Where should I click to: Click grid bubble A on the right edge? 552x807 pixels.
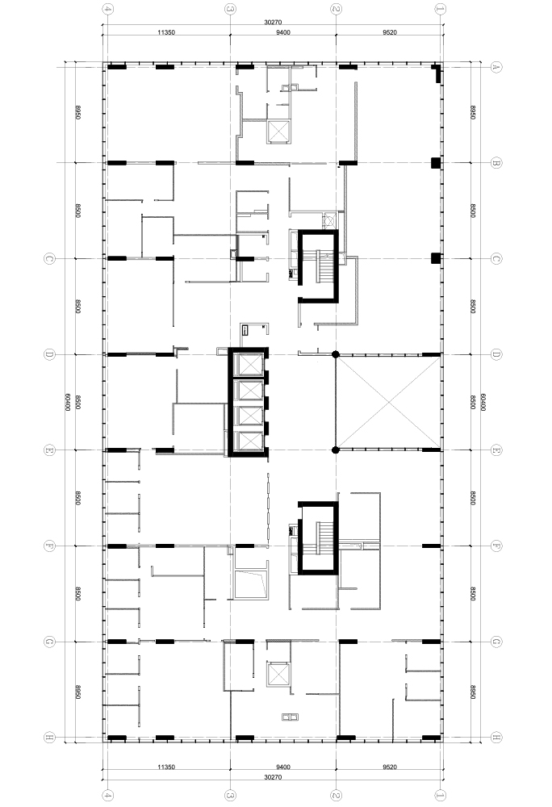click(x=496, y=66)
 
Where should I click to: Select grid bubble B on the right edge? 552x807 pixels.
click(x=496, y=163)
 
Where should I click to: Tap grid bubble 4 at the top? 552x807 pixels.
click(x=107, y=9)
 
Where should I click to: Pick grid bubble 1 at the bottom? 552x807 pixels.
click(x=441, y=795)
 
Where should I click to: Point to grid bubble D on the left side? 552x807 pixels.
click(x=49, y=354)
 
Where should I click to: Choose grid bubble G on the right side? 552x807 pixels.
click(x=496, y=642)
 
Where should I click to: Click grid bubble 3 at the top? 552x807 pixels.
click(x=230, y=9)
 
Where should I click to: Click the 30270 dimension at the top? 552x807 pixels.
click(x=273, y=22)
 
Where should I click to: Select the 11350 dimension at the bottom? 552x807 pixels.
click(x=166, y=767)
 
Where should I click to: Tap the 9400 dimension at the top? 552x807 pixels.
click(x=283, y=32)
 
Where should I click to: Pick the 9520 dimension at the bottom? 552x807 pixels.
click(x=390, y=767)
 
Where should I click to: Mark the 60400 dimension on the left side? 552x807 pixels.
click(x=68, y=402)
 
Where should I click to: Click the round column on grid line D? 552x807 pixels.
click(x=336, y=354)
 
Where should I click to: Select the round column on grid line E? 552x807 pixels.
click(x=336, y=450)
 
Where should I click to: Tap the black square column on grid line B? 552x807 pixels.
click(x=437, y=163)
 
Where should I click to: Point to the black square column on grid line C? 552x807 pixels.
click(x=437, y=258)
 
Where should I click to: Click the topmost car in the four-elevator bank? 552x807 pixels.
click(x=248, y=365)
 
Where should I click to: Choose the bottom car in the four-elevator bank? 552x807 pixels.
click(x=248, y=441)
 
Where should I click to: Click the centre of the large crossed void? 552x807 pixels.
click(x=388, y=402)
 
